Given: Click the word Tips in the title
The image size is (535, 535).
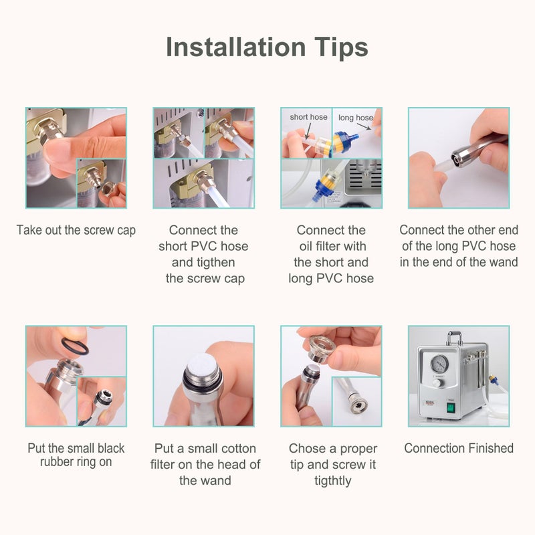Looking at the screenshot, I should point(340,47).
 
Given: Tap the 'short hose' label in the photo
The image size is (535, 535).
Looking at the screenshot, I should point(308,117).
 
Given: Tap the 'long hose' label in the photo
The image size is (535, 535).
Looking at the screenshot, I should point(355,118).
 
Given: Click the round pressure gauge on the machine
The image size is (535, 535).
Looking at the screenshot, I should point(439,364).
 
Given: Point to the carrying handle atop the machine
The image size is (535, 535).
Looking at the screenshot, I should point(455,334).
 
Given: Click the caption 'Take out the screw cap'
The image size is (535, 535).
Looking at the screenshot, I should point(76,230).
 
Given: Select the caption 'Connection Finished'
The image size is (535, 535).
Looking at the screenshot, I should point(459,448).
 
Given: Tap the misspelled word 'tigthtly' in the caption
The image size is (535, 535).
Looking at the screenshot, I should point(332,480).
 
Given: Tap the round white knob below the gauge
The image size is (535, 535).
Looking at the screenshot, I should point(436,383).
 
